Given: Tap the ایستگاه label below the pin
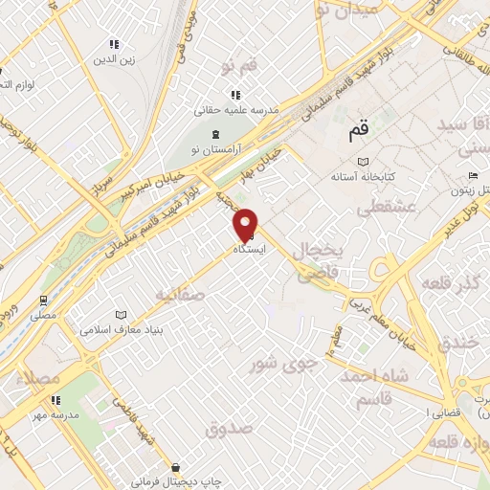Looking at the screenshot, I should (250, 248).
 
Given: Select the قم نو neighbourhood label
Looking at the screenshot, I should (238, 66).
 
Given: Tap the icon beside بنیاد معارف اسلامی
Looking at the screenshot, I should (121, 315).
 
